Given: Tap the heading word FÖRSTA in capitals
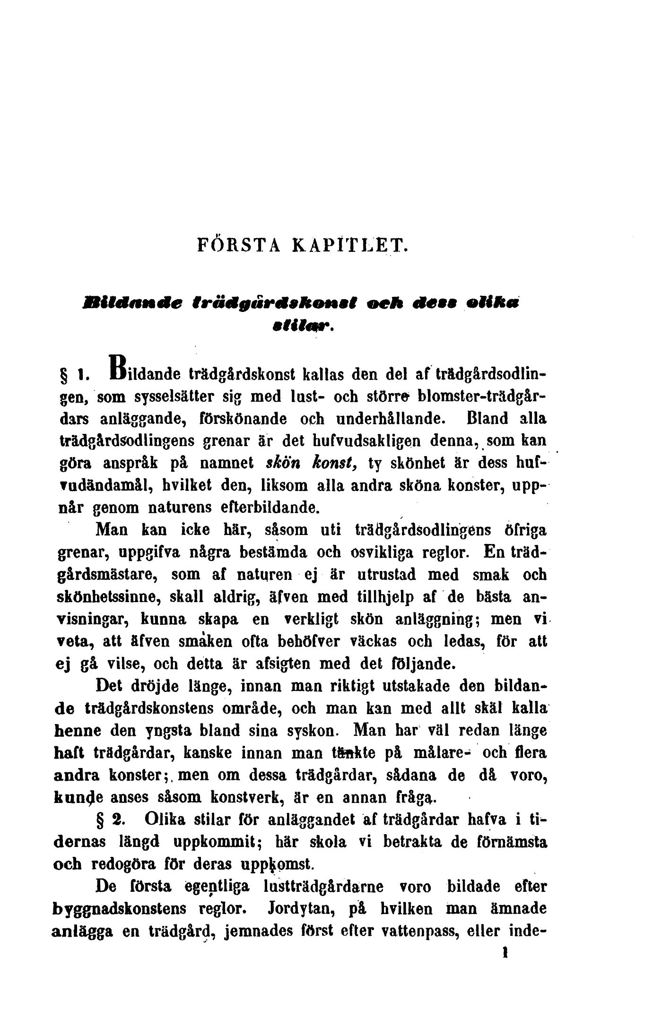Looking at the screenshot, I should (x=239, y=246).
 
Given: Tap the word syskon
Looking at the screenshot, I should (x=313, y=731).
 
